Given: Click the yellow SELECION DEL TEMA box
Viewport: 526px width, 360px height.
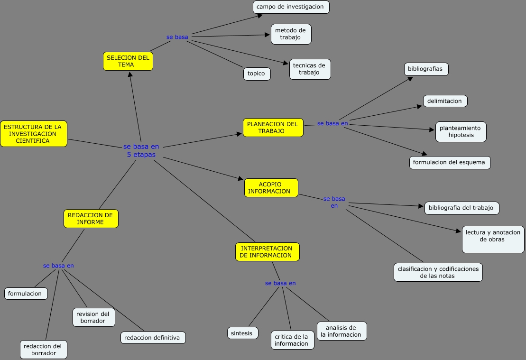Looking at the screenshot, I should point(128,61).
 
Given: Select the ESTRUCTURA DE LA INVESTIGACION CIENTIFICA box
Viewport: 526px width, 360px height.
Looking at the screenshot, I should point(33,134).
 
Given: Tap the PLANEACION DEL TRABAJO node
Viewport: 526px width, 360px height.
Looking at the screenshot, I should point(273,128).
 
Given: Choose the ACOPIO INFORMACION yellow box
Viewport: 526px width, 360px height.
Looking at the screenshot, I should point(271,188).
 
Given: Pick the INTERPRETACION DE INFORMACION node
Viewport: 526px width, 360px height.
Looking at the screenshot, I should point(267,252).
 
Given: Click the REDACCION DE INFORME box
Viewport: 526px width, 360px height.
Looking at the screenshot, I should point(91,219).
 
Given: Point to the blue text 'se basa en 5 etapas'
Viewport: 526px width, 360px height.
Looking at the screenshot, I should point(141,150).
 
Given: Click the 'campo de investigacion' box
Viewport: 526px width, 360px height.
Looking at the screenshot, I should point(290,7).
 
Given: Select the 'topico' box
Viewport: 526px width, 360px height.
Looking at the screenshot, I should point(257,74).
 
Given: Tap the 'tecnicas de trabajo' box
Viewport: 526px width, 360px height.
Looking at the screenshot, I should point(310,69).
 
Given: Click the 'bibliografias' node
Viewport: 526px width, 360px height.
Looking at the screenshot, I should point(425,69).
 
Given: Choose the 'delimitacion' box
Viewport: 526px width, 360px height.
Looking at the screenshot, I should point(445,101).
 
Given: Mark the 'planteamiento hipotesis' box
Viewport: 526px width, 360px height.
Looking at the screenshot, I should point(461,132).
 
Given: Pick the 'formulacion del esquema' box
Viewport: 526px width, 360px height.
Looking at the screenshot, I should point(449,162).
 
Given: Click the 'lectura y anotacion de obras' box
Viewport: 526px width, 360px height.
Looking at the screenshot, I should point(493,240).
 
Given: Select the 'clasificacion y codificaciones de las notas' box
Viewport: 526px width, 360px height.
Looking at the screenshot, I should point(438,272).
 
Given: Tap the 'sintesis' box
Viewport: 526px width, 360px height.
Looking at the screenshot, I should point(242,333).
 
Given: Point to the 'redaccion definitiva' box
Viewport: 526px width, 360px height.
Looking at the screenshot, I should point(152,338).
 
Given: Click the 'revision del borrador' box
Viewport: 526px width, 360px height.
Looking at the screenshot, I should point(93,317).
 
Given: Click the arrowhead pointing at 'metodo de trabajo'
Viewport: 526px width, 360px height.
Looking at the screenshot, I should point(267,34).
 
